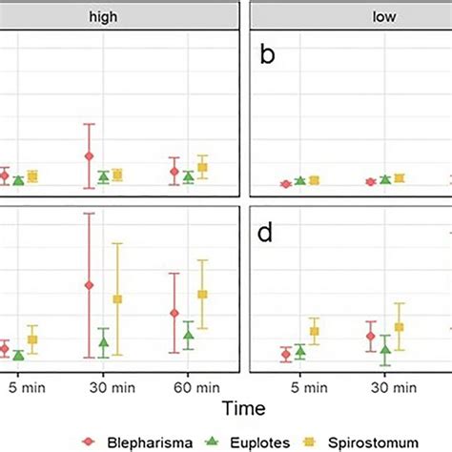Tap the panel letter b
click(x=269, y=56)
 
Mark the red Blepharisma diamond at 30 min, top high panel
click(x=90, y=156)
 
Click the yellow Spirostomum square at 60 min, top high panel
click(x=202, y=168)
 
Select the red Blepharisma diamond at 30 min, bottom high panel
click(x=90, y=285)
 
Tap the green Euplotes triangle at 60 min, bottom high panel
click(x=188, y=334)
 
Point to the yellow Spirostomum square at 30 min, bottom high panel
click(x=118, y=299)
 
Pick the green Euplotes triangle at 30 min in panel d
click(x=385, y=350)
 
